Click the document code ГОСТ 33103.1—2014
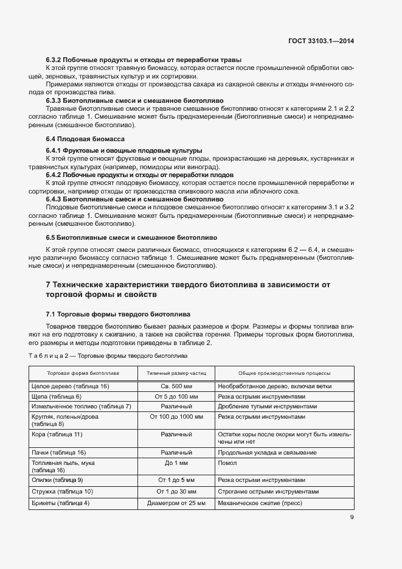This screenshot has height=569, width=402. [x=321, y=41]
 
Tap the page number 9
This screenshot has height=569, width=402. [x=352, y=517]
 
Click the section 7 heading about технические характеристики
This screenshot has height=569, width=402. [x=189, y=289]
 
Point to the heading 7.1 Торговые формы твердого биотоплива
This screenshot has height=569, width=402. [x=118, y=314]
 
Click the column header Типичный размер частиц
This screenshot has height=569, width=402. [x=176, y=372]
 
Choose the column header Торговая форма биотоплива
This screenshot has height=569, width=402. [x=83, y=372]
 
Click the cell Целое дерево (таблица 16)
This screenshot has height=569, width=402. [x=70, y=386]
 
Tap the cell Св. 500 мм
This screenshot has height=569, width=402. [x=176, y=386]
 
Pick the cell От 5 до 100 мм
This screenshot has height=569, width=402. [x=176, y=396]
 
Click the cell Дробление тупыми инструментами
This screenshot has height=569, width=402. [x=268, y=406]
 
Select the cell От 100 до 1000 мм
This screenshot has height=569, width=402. [x=176, y=416]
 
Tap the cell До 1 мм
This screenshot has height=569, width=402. [x=176, y=463]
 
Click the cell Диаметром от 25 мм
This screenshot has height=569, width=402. [x=176, y=503]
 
